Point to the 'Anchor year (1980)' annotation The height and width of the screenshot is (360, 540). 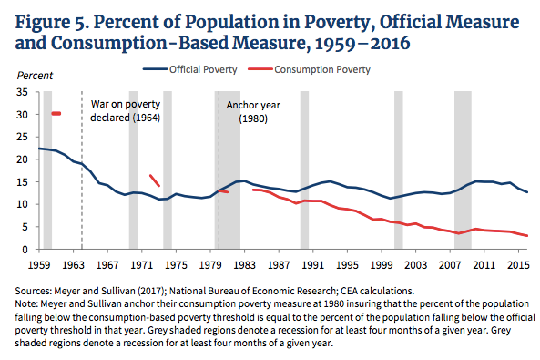click(252, 112)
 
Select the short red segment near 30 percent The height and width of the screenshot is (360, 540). click(56, 113)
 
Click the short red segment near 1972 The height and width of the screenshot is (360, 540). click(155, 180)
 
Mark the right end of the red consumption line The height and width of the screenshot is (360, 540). click(527, 236)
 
